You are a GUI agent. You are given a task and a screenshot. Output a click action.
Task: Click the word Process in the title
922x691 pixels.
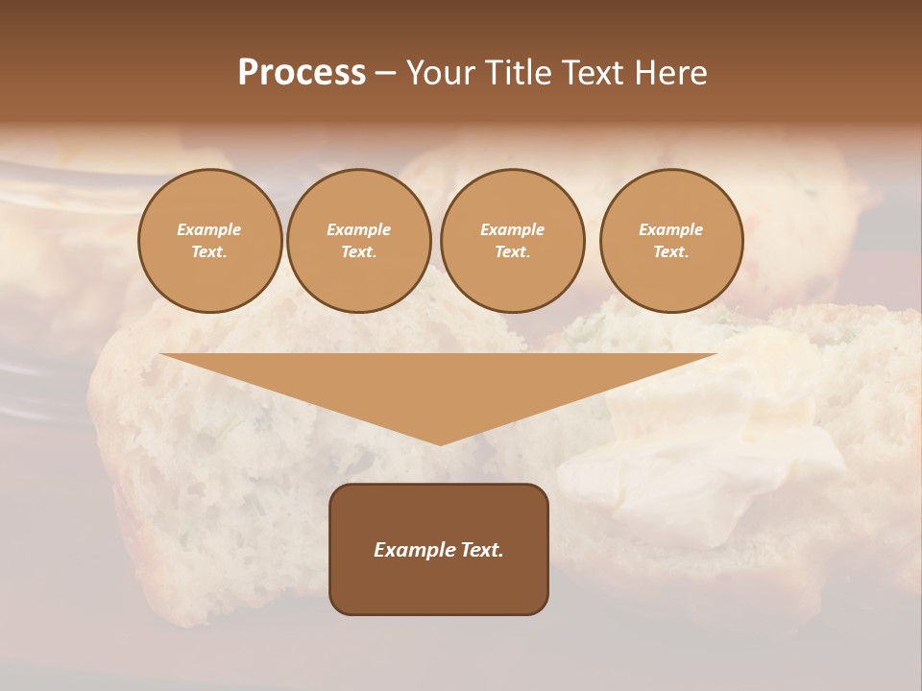(302, 73)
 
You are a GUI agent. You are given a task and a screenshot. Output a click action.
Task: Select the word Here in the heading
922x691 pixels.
(669, 73)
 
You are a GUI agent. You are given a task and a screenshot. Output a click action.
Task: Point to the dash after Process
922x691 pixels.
(385, 74)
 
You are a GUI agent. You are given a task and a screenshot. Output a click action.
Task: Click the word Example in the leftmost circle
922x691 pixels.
(209, 229)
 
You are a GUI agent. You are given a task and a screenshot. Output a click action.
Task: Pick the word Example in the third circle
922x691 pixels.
(513, 229)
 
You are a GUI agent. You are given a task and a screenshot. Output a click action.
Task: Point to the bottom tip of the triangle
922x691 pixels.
(440, 442)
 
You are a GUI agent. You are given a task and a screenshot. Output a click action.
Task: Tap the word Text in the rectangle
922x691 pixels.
(482, 550)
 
